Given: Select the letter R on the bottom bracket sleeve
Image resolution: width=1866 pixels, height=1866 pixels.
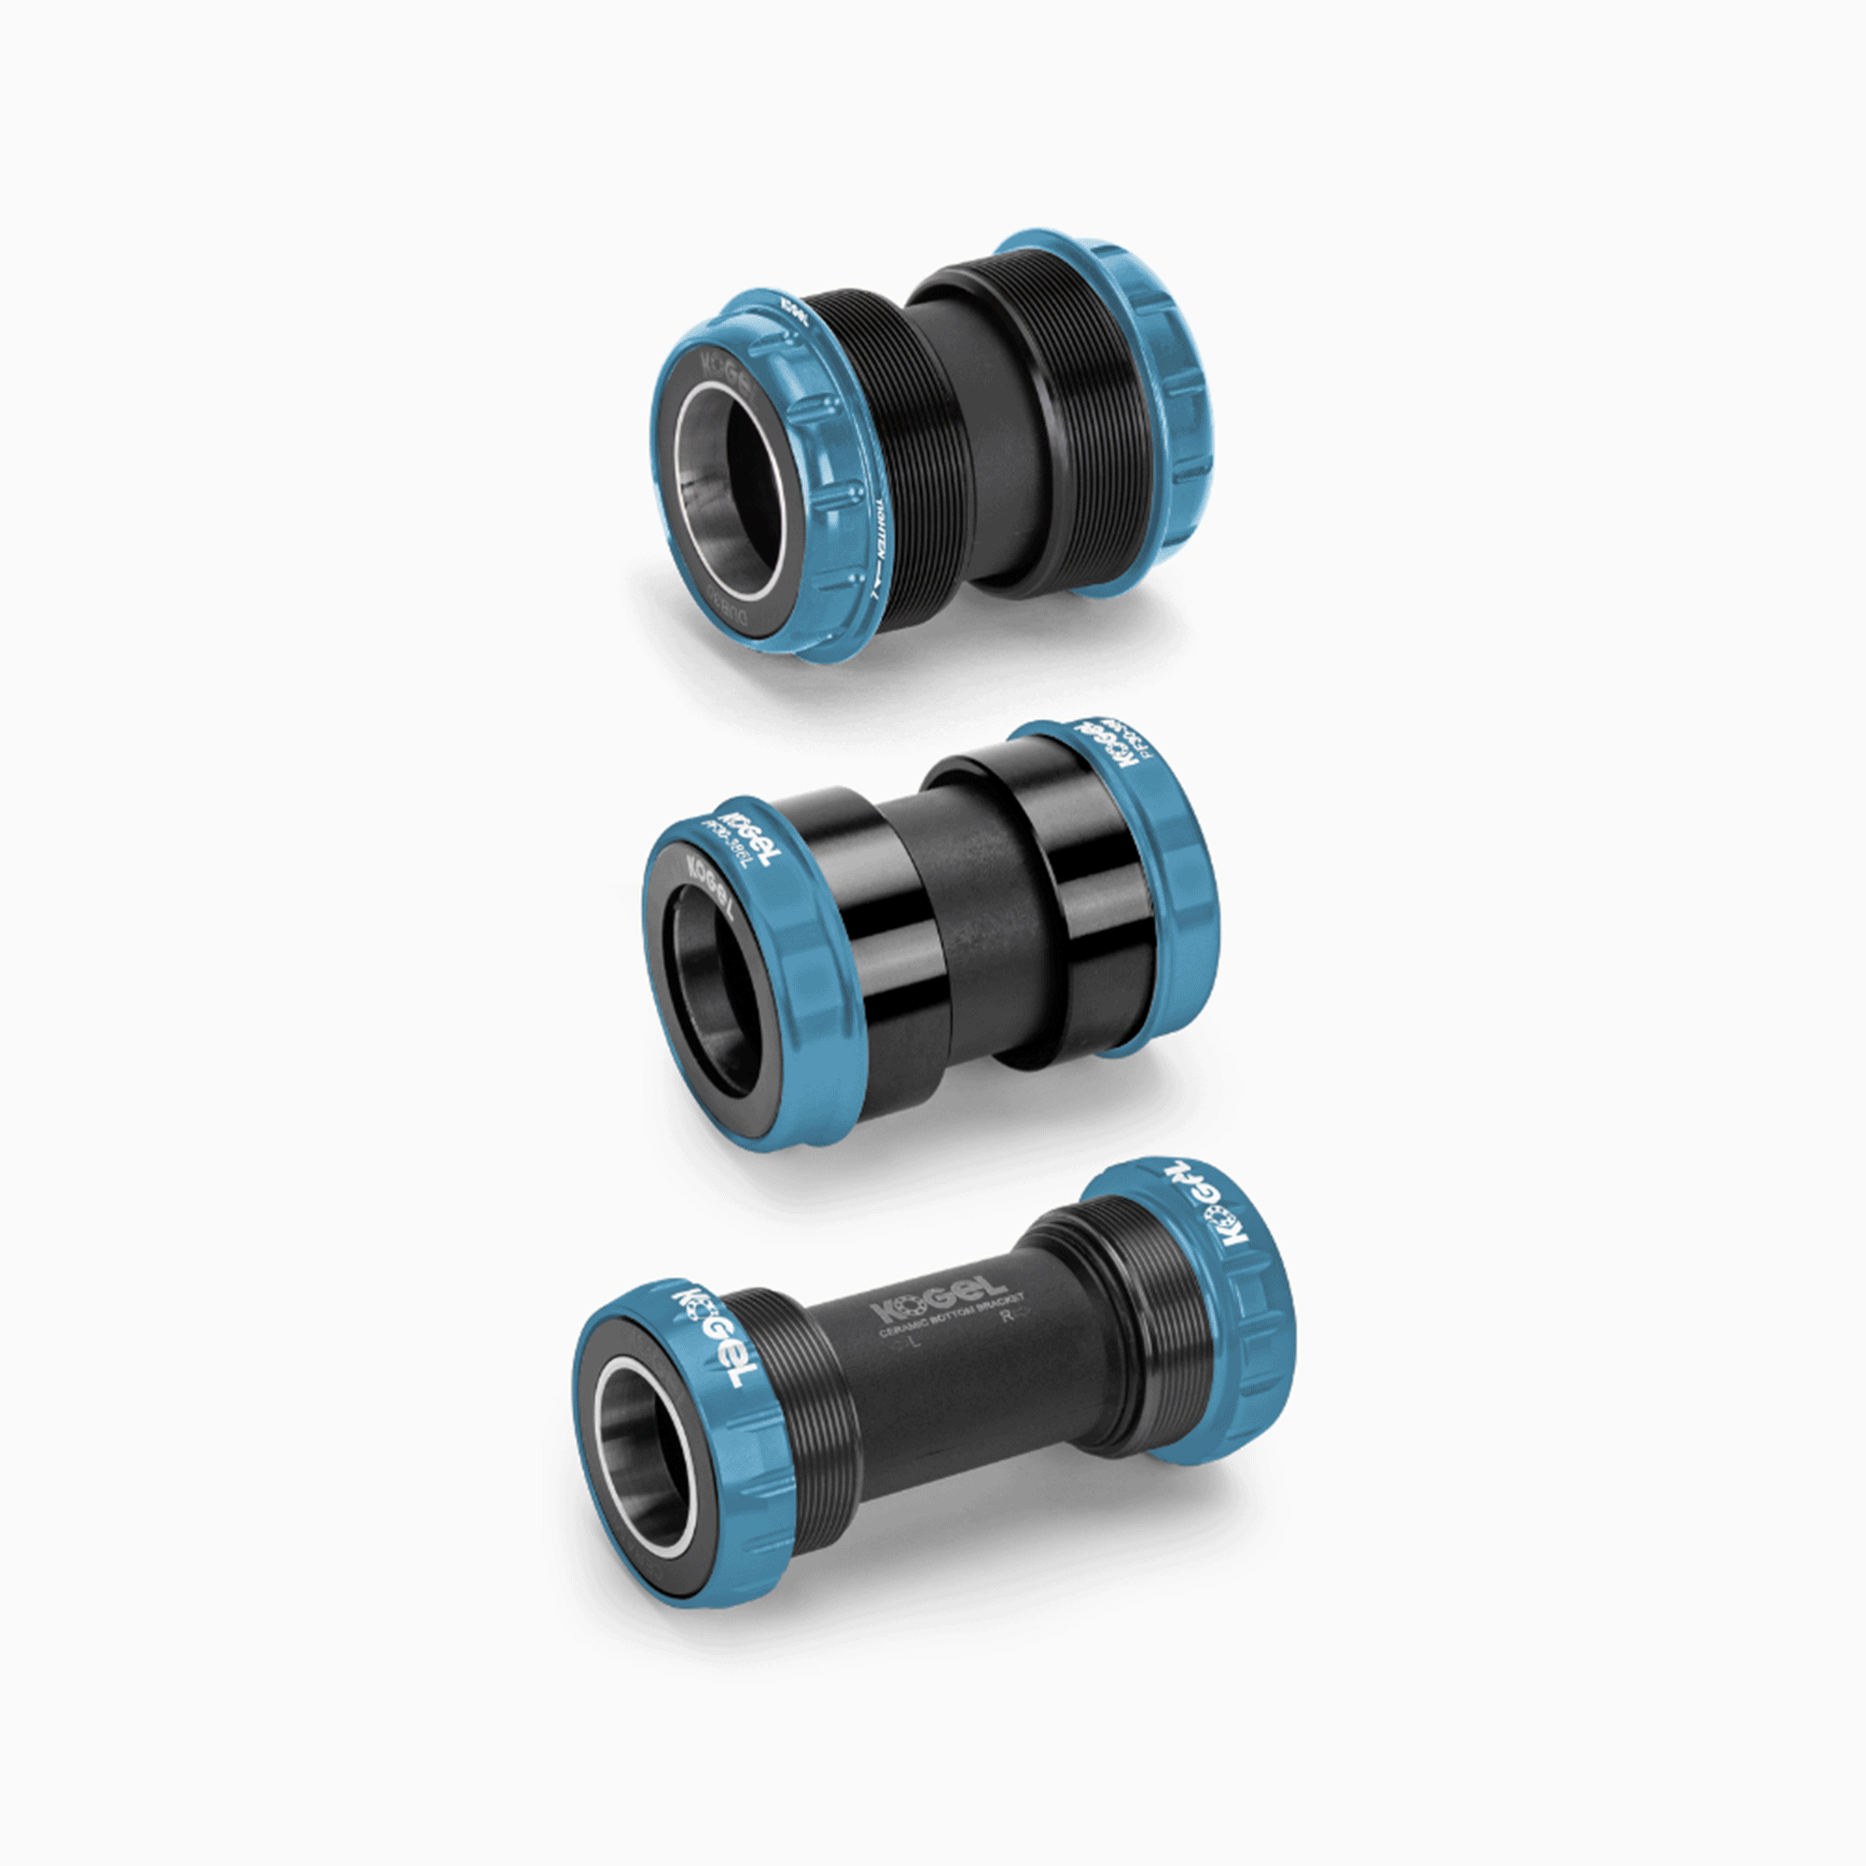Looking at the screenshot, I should pos(1008,1315).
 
